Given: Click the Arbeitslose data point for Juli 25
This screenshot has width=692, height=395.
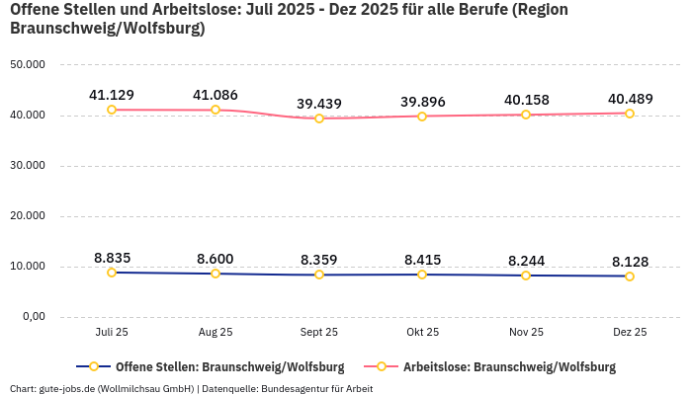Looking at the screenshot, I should click(112, 110).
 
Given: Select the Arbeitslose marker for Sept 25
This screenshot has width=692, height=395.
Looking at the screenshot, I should click(319, 118).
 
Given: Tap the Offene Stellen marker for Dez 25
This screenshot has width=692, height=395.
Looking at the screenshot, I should click(630, 276).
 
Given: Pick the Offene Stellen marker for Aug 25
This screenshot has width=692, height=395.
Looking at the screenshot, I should click(216, 274).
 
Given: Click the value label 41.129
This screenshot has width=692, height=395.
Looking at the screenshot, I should click(112, 95).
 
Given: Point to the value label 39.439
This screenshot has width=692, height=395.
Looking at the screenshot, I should click(319, 104).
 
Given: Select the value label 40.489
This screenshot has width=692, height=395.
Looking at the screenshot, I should click(630, 99).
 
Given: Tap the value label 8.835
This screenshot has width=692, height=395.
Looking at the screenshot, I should click(112, 258).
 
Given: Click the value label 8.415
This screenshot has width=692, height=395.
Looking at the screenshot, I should click(422, 260).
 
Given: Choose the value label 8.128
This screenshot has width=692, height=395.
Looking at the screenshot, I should click(630, 262).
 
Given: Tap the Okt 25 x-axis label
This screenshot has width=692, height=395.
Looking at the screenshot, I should click(422, 333).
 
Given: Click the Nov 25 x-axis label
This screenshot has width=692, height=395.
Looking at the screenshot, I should click(526, 333).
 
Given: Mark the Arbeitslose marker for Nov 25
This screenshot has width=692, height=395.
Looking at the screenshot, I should click(526, 115).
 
